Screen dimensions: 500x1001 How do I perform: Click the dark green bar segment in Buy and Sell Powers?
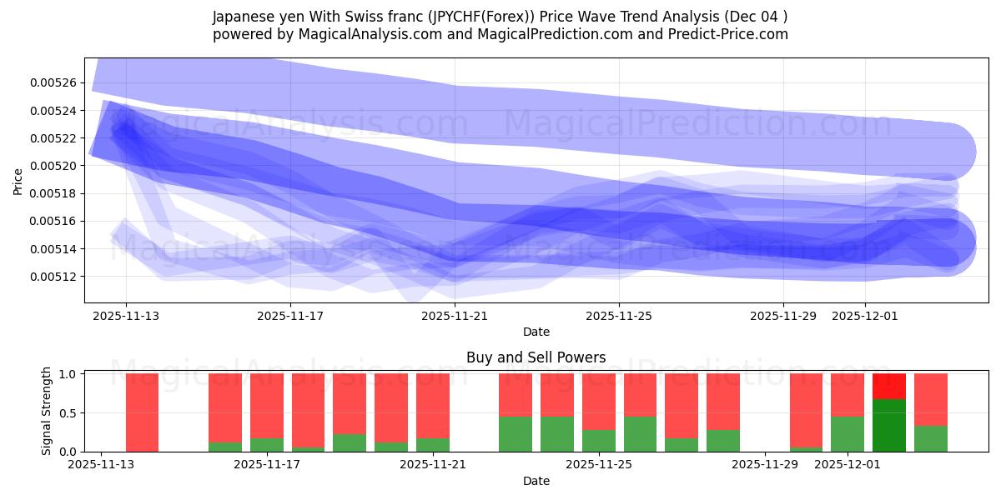(x=889, y=425)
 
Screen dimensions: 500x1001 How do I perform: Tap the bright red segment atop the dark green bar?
(x=889, y=386)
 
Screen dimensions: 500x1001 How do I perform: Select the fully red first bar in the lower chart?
(x=142, y=412)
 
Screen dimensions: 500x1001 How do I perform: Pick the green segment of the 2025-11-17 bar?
(x=266, y=445)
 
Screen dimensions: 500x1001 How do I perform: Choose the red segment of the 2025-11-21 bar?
(x=432, y=405)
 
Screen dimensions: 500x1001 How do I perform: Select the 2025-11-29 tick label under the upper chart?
(x=782, y=316)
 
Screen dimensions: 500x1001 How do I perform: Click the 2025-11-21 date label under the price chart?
(x=455, y=316)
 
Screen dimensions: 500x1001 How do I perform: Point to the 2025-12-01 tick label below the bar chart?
(x=847, y=465)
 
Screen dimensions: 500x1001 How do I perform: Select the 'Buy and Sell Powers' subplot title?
(x=536, y=357)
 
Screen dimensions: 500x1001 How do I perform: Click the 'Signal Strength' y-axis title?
(x=47, y=411)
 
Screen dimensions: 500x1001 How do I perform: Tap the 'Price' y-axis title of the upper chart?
(x=18, y=181)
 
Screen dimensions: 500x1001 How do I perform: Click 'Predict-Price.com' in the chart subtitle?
(x=730, y=34)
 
